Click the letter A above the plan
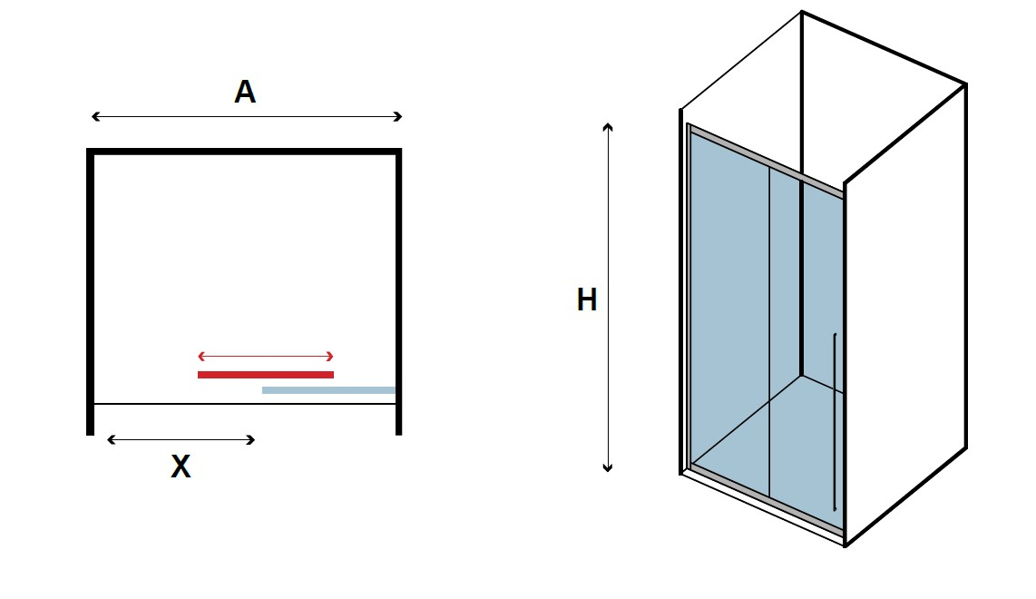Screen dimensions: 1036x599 pyautogui.click(x=245, y=92)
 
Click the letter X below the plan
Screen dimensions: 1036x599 pyautogui.click(x=181, y=466)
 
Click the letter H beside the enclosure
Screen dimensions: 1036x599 pyautogui.click(x=587, y=299)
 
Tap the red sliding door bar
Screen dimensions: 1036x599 pyautogui.click(x=266, y=375)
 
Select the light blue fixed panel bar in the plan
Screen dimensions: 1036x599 pyautogui.click(x=328, y=390)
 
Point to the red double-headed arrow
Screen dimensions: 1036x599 pyautogui.click(x=266, y=357)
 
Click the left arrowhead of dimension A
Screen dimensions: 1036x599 pyautogui.click(x=95, y=116)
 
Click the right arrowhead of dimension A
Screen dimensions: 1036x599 pyautogui.click(x=397, y=116)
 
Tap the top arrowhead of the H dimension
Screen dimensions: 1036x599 pyautogui.click(x=608, y=126)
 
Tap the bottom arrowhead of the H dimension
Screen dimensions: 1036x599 pyautogui.click(x=608, y=468)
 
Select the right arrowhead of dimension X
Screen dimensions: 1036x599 pyautogui.click(x=250, y=439)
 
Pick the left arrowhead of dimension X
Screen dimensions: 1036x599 pyautogui.click(x=111, y=439)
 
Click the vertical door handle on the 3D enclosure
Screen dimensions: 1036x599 pyautogui.click(x=835, y=422)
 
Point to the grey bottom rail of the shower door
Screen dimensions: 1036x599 pyautogui.click(x=766, y=499)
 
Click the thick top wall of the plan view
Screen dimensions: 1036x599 pyautogui.click(x=244, y=152)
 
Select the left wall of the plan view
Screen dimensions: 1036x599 pyautogui.click(x=91, y=291)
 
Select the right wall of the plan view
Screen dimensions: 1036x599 pyautogui.click(x=398, y=291)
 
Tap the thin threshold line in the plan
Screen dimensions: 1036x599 pyautogui.click(x=244, y=403)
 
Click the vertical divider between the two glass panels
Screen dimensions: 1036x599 pyautogui.click(x=769, y=331)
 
